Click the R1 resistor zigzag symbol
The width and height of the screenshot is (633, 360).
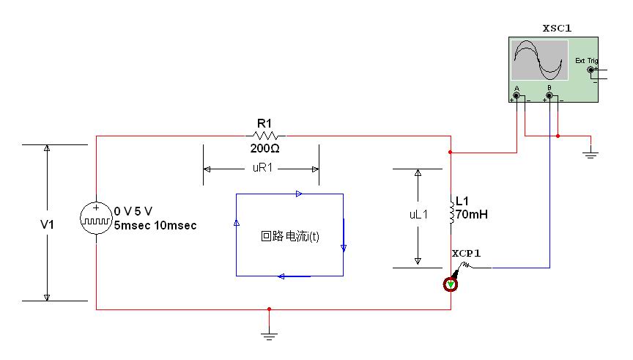coord(265,136)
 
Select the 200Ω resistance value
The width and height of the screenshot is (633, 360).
coord(264,149)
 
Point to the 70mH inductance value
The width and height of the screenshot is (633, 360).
coord(472,214)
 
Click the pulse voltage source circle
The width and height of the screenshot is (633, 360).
coord(96,218)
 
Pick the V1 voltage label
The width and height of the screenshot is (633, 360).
coord(47,224)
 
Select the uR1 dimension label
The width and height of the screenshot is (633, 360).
coord(262,168)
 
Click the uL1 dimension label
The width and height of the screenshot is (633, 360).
coord(418,215)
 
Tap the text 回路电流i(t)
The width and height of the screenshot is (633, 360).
coord(290,236)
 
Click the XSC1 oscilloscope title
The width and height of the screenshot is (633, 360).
coord(557,29)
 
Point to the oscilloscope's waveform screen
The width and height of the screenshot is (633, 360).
coord(539,60)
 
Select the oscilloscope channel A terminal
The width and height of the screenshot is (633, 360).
coord(517,96)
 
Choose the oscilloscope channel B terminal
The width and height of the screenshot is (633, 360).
coord(549,96)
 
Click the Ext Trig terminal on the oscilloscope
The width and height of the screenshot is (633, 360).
coord(591,70)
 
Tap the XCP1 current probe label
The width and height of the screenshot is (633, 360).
coord(466,254)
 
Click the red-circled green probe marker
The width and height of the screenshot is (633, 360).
coord(451,284)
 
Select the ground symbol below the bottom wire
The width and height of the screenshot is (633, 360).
coord(270,335)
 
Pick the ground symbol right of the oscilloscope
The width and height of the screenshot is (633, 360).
coord(591,153)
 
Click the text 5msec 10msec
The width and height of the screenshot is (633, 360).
coord(155,225)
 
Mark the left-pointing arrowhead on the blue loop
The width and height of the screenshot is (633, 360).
coord(281,276)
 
